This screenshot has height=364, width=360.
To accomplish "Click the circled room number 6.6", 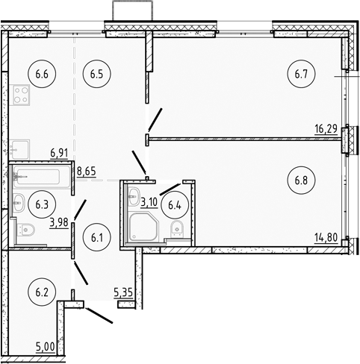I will pos(40,73).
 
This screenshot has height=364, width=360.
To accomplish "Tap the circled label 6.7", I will pos(301,73).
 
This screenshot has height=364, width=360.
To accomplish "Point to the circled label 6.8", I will pos(301,180).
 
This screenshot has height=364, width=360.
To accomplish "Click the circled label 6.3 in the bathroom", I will pos(40,201).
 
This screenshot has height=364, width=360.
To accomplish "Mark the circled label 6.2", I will pos(40,286).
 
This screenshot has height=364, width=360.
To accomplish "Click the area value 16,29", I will pos(326,129).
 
